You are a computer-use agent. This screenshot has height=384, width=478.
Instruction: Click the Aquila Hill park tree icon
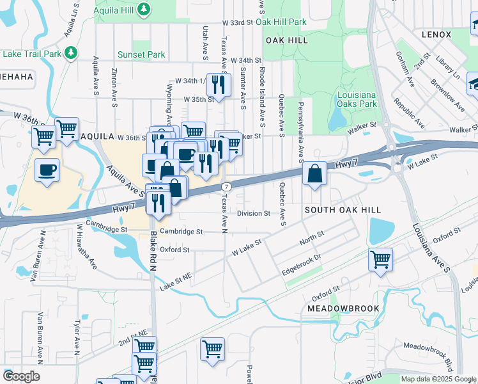pos(145,8)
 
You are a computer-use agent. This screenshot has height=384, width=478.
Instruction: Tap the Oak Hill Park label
pos(281,22)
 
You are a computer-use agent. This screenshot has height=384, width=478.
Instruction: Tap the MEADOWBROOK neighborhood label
pos(343,308)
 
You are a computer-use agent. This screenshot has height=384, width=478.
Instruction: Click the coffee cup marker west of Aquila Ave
pos(47,170)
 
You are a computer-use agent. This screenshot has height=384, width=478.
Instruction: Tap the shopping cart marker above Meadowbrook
pos(380,259)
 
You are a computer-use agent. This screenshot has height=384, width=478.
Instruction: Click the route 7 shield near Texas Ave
pos(226,186)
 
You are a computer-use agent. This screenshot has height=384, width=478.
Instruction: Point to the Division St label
pos(254,214)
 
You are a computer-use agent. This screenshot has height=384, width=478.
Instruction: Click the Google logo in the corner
pos(21,376)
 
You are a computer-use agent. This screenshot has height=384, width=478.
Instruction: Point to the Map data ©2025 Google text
pos(438,379)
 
